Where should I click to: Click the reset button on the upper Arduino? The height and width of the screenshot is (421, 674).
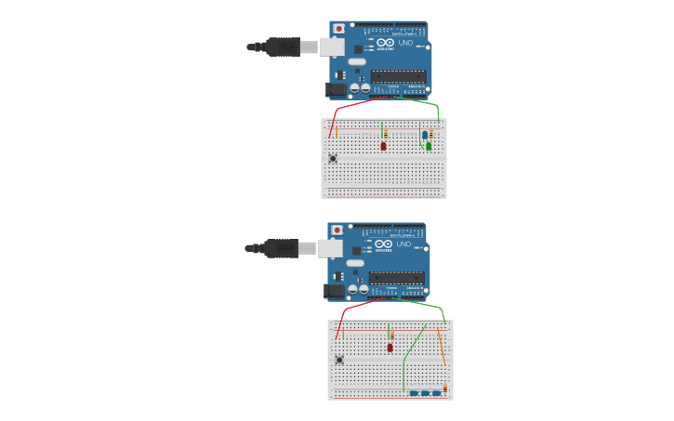pyautogui.click(x=338, y=29)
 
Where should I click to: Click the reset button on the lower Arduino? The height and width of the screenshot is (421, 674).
pyautogui.click(x=337, y=230)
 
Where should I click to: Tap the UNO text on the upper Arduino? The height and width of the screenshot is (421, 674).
pyautogui.click(x=405, y=43)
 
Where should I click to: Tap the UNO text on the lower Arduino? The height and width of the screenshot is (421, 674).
pyautogui.click(x=403, y=244)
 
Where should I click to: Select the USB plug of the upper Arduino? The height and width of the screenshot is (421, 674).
pyautogui.click(x=283, y=46)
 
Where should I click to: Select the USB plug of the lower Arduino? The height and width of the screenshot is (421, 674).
pyautogui.click(x=281, y=248)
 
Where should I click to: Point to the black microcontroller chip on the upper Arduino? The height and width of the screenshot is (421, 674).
pyautogui.click(x=398, y=76)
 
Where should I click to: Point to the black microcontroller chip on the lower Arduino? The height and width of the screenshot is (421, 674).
pyautogui.click(x=396, y=278)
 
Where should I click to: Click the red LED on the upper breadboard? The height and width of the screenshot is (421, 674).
pyautogui.click(x=383, y=146)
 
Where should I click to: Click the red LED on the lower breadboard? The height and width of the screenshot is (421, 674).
pyautogui.click(x=390, y=348)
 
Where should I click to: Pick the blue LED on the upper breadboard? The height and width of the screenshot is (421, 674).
pyautogui.click(x=425, y=136)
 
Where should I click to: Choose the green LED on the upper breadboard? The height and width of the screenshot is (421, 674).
pyautogui.click(x=429, y=146)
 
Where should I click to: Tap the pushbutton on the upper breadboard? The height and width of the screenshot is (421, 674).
pyautogui.click(x=333, y=158)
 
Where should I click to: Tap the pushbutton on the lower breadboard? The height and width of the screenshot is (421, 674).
pyautogui.click(x=339, y=360)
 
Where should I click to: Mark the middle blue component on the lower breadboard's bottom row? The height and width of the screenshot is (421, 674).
pyautogui.click(x=425, y=393)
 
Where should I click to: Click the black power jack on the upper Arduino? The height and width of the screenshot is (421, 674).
pyautogui.click(x=336, y=89)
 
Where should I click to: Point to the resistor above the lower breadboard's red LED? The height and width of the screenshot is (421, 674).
pyautogui.click(x=392, y=335)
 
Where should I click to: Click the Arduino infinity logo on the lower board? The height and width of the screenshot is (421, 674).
pyautogui.click(x=383, y=244)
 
